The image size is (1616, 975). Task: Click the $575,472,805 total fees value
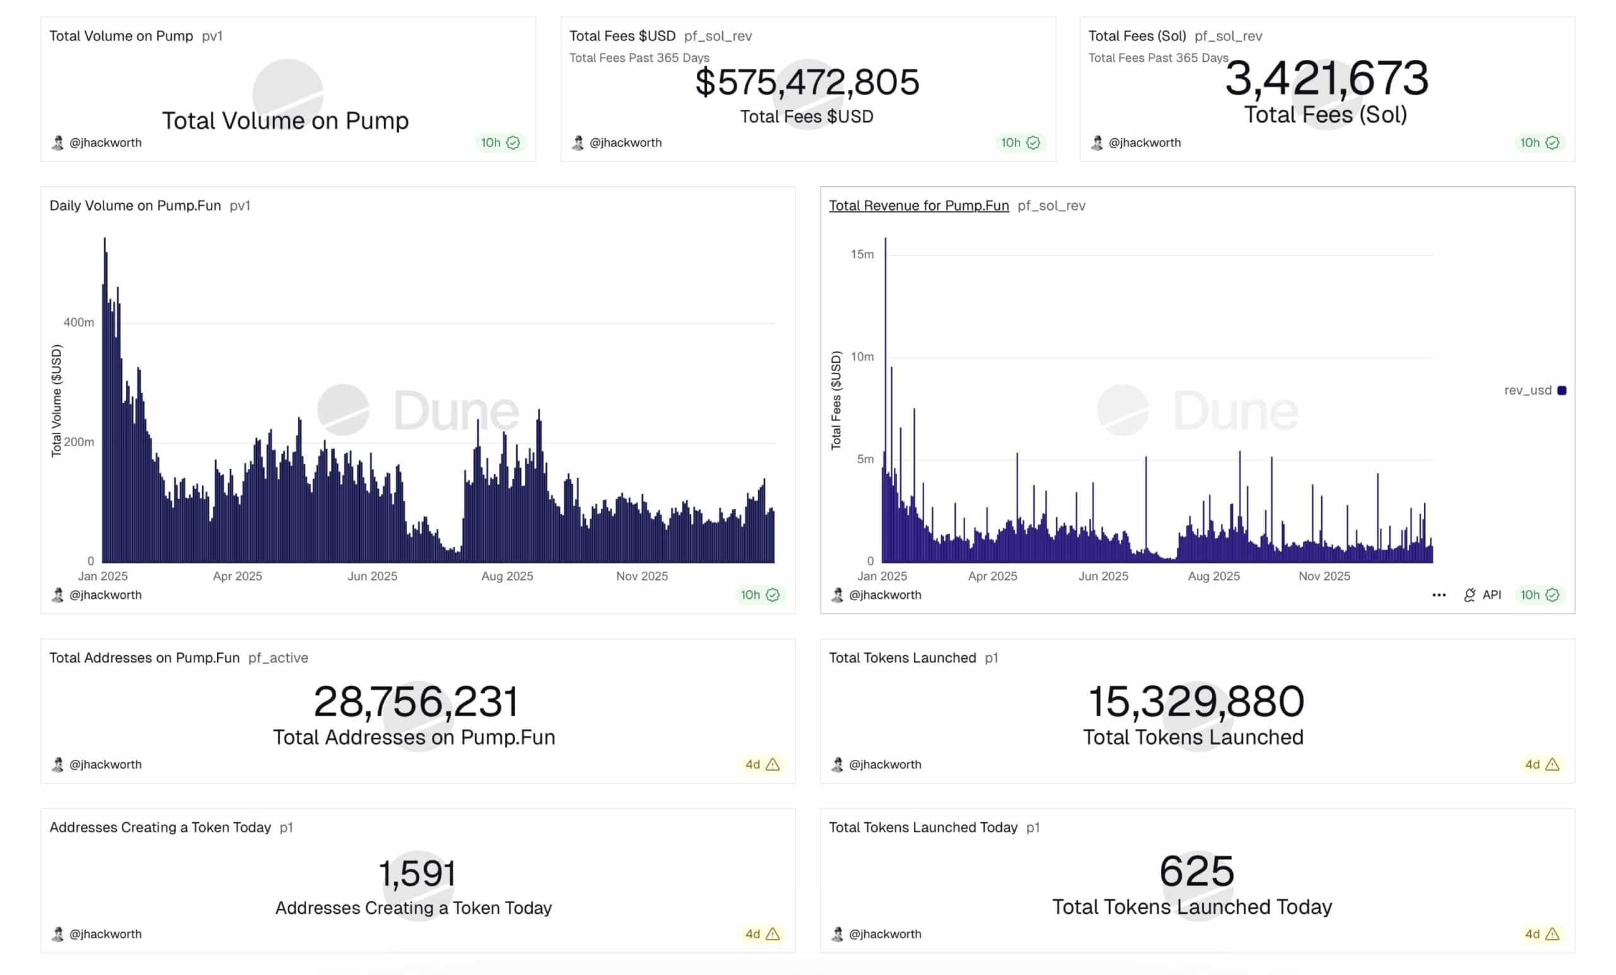pyautogui.click(x=807, y=83)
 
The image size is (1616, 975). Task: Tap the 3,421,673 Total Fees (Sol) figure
pyautogui.click(x=1326, y=78)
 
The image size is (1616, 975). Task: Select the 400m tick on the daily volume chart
pyautogui.click(x=79, y=322)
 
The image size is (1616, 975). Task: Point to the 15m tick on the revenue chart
pyautogui.click(x=862, y=254)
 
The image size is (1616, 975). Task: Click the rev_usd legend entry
pyautogui.click(x=1534, y=390)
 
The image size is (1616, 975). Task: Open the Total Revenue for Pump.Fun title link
pyautogui.click(x=918, y=205)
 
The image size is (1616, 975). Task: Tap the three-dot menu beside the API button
pyautogui.click(x=1438, y=594)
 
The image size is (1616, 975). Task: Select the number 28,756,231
pyautogui.click(x=416, y=702)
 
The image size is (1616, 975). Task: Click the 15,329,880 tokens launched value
pyautogui.click(x=1196, y=702)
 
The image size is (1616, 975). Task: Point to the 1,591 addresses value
pyautogui.click(x=417, y=873)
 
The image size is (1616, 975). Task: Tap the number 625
pyautogui.click(x=1196, y=872)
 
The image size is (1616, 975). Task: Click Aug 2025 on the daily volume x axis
pyautogui.click(x=507, y=576)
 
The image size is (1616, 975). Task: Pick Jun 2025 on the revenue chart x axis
pyautogui.click(x=1103, y=576)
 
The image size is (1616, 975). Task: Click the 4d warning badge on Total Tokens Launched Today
pyautogui.click(x=1542, y=934)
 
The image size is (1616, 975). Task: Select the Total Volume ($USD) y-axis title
pyautogui.click(x=56, y=401)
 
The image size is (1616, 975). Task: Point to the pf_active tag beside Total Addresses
pyautogui.click(x=278, y=658)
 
